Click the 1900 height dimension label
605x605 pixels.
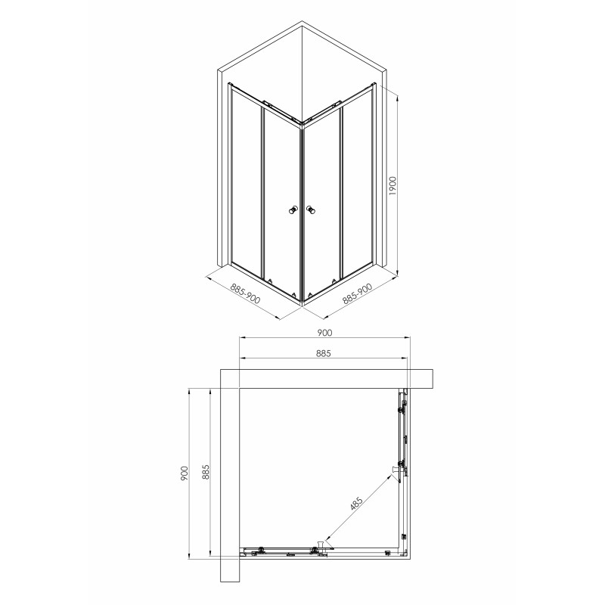coord(392,185)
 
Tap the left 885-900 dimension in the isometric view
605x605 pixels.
coord(245,293)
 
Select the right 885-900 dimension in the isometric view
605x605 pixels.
coord(357,293)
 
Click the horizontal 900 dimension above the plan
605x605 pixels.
coord(324,333)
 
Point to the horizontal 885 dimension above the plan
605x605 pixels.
coord(324,353)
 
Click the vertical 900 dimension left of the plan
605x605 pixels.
coord(184,473)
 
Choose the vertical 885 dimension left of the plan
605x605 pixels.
coord(205,472)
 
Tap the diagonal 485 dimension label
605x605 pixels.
coord(356,504)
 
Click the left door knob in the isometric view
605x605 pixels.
coord(293,210)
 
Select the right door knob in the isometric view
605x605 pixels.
coord(311,210)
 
